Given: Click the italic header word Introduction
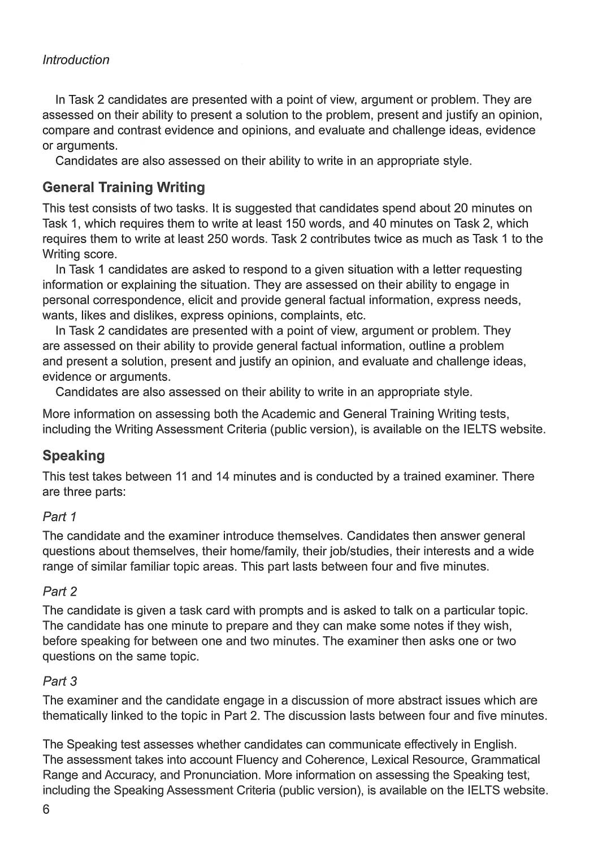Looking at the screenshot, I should click(76, 60).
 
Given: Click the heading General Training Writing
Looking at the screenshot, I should click(124, 187).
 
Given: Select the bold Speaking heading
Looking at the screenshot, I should click(73, 455).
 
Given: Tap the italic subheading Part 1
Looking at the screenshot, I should click(59, 517).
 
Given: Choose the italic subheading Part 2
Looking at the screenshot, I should click(59, 592).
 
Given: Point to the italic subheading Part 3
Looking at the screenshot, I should click(59, 682).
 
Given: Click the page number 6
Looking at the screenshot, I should click(46, 809).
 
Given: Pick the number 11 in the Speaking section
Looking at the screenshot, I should click(181, 476).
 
